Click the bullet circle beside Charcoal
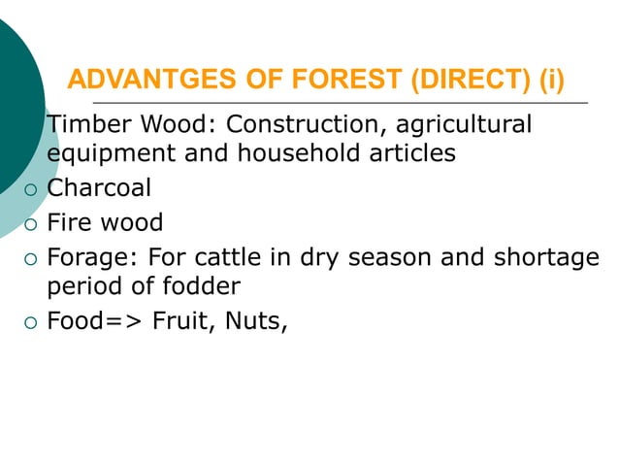pos(31,189)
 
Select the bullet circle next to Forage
pos(31,260)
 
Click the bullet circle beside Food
pos(31,323)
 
